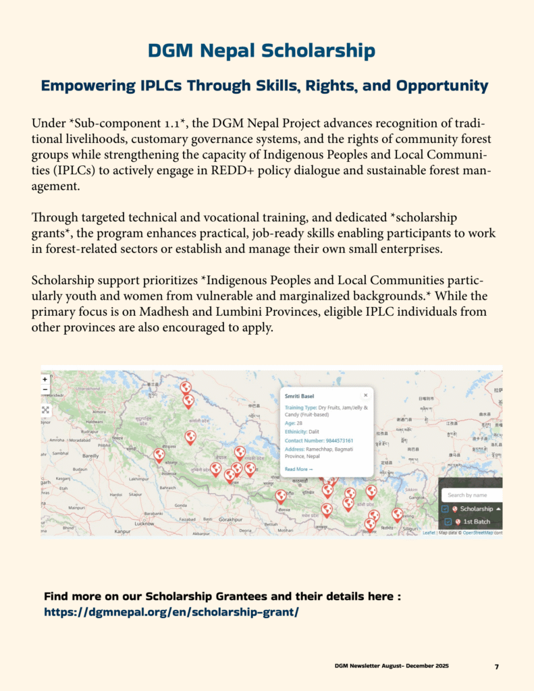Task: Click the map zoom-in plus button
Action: pyautogui.click(x=45, y=379)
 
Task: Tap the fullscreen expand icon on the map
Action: pyautogui.click(x=45, y=410)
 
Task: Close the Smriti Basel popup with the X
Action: pyautogui.click(x=366, y=395)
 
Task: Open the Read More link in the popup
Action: pyautogui.click(x=298, y=469)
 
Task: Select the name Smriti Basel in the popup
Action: pyautogui.click(x=298, y=396)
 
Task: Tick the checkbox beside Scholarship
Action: pyautogui.click(x=446, y=509)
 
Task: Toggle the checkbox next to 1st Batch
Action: pyautogui.click(x=448, y=522)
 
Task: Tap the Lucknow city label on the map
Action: pyautogui.click(x=144, y=523)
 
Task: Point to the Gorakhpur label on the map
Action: pyautogui.click(x=230, y=520)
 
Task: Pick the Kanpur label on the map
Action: pyautogui.click(x=122, y=531)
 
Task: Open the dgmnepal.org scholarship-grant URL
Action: pyautogui.click(x=171, y=612)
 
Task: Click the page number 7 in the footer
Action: pyautogui.click(x=496, y=667)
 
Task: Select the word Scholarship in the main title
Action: pyautogui.click(x=317, y=51)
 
